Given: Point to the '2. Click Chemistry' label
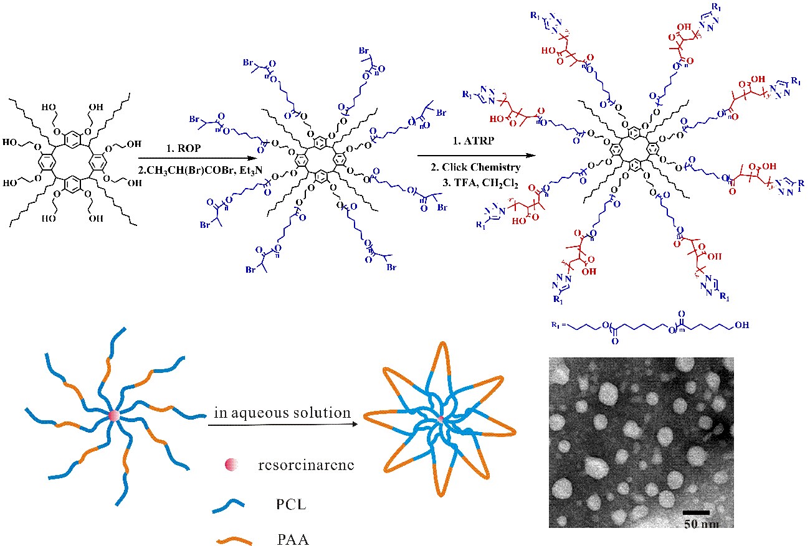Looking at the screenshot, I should (x=477, y=167).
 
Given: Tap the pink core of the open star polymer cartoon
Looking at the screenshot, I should (x=113, y=416).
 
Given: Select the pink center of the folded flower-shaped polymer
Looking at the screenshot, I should (x=441, y=420).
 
